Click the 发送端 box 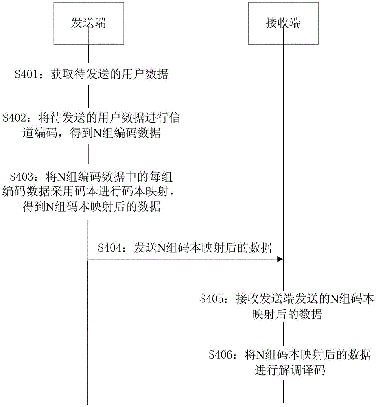coord(88,23)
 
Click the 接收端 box coord(283,23)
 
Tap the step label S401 coord(26,74)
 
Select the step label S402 coord(15,118)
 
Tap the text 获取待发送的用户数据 coord(109,74)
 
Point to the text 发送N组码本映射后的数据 coord(203,248)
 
